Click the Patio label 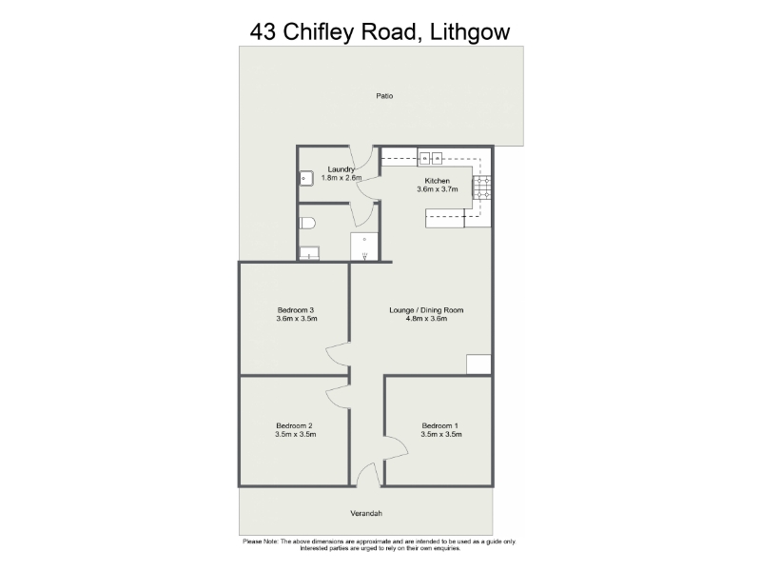[x=384, y=96]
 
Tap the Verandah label [x=366, y=513]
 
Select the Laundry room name [x=341, y=169]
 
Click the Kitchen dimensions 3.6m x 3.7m [x=438, y=189]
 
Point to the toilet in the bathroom [x=307, y=224]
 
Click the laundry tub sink [x=305, y=178]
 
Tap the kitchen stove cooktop [x=482, y=187]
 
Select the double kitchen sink [x=431, y=158]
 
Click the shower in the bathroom [x=364, y=246]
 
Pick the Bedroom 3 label [x=296, y=310]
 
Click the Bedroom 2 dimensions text [x=296, y=435]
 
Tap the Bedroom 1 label [x=439, y=425]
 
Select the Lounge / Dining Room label [x=426, y=310]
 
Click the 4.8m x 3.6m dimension [x=426, y=319]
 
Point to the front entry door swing [x=368, y=473]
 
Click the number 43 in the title [x=263, y=32]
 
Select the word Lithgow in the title [x=470, y=32]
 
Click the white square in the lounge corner [x=479, y=364]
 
